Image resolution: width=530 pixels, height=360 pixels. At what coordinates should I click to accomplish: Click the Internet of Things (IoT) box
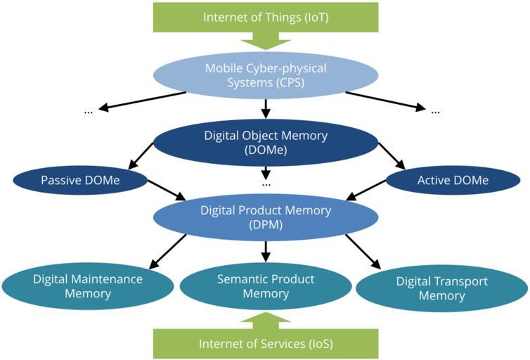(x=265, y=17)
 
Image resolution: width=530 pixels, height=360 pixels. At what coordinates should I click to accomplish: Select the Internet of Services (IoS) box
(x=265, y=344)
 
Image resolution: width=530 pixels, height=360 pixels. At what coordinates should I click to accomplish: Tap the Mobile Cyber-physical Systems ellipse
(x=265, y=75)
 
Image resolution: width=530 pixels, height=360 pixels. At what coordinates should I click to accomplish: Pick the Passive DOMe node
(x=79, y=181)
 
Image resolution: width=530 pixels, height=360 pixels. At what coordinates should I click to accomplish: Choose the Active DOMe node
(x=452, y=181)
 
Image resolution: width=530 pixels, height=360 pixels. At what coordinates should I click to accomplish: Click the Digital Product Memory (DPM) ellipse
(x=265, y=217)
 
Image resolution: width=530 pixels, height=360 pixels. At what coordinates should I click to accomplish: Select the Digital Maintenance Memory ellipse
(x=87, y=285)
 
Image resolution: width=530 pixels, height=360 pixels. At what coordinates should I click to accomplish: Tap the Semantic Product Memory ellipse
(x=265, y=285)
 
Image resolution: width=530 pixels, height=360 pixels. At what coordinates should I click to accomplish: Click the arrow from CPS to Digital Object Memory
(x=265, y=108)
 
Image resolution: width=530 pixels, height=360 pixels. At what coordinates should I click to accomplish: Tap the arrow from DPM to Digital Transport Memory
(x=363, y=252)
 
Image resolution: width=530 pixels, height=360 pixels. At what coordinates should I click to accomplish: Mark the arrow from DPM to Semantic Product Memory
(x=265, y=249)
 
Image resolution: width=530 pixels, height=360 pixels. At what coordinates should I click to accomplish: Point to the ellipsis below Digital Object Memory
(x=266, y=184)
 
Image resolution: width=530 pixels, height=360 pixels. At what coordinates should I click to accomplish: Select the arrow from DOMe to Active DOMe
(x=391, y=155)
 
